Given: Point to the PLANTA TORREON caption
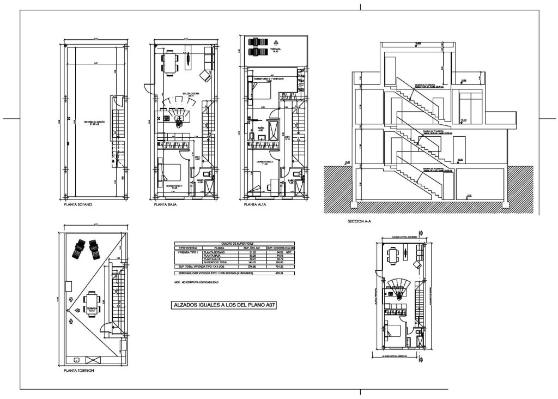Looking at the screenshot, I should (80, 370).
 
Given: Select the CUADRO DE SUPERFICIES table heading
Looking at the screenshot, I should (234, 244).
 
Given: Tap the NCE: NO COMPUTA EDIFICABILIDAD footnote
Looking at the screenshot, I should (196, 282).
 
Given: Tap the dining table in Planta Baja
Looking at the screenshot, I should (171, 62).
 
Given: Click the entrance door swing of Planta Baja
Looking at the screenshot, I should (148, 88).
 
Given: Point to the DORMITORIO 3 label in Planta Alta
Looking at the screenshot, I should (264, 162).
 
